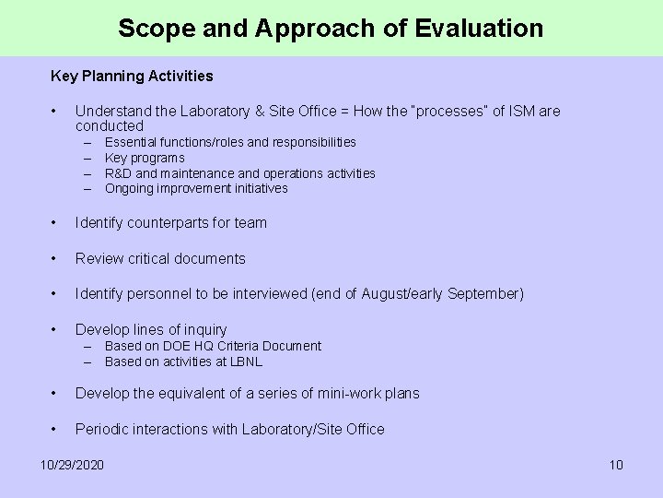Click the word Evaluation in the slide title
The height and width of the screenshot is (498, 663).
point(479,29)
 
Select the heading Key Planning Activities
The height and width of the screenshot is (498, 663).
point(132,76)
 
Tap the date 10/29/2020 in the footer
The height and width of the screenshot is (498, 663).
point(73,464)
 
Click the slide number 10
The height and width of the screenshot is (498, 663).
point(616,464)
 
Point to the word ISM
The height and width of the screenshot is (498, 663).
point(523,112)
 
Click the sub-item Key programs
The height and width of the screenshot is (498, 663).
point(145,158)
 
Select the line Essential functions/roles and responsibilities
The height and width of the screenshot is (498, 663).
point(230,142)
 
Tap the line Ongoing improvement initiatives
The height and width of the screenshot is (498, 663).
point(196,188)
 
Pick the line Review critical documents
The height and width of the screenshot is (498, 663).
point(160,258)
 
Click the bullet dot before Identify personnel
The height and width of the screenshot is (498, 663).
point(56,294)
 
